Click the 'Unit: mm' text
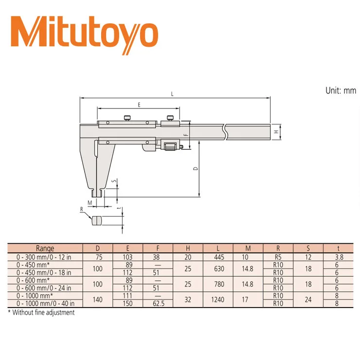341,90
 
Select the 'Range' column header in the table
45,248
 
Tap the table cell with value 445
218,257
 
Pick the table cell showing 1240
218,300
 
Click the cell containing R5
278,257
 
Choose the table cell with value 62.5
158,304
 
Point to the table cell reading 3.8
339,257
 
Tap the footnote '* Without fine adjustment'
41,313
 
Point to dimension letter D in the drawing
196,169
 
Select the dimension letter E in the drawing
139,105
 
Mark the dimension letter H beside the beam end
276,131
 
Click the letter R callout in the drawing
82,209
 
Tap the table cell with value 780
218,284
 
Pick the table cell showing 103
128,257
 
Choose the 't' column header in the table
339,248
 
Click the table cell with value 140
98,300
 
